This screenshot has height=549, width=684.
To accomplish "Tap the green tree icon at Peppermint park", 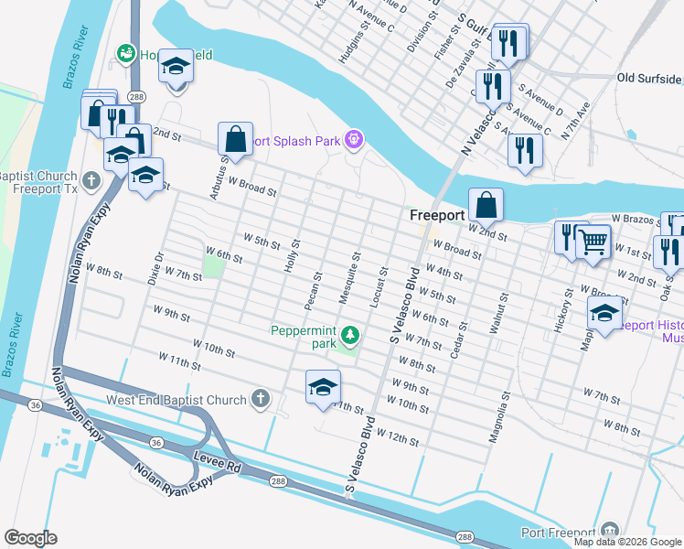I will pyautogui.click(x=348, y=331).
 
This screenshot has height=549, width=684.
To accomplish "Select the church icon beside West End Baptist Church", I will pyautogui.click(x=261, y=399).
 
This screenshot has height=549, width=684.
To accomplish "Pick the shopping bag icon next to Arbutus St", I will pyautogui.click(x=235, y=139).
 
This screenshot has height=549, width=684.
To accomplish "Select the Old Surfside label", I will pyautogui.click(x=649, y=78).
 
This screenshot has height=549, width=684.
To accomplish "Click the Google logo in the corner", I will pyautogui.click(x=30, y=538).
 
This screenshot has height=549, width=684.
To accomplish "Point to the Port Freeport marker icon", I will pyautogui.click(x=610, y=530).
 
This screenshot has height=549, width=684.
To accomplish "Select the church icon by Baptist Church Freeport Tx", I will pyautogui.click(x=91, y=180).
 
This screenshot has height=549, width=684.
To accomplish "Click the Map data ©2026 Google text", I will pyautogui.click(x=627, y=542).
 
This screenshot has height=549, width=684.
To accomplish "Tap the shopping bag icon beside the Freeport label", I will pyautogui.click(x=486, y=205).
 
